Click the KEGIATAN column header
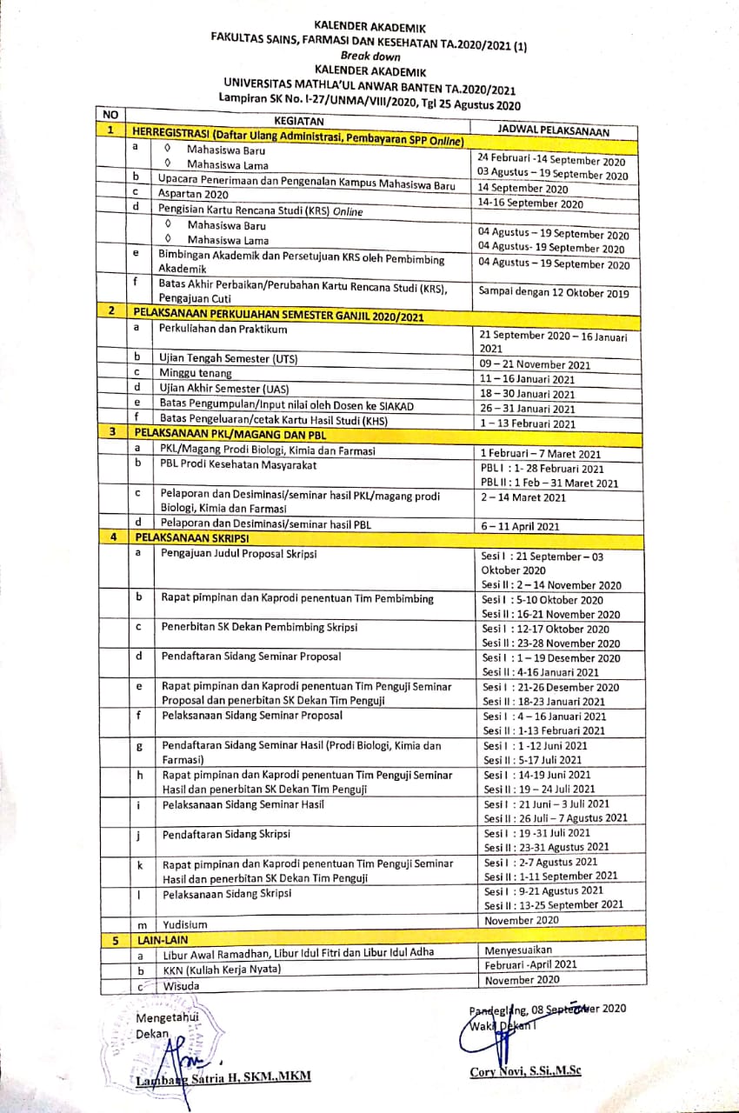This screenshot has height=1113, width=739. coord(299,121)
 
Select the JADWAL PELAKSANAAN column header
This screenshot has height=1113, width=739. coord(553,130)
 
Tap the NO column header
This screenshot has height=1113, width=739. coord(110,114)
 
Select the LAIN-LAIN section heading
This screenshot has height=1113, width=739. coord(162,939)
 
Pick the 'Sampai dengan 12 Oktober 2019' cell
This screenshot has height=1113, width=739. coord(553,293)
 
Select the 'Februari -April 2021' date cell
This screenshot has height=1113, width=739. coord(530,964)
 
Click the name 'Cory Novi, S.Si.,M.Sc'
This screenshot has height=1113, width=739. coord(525,1071)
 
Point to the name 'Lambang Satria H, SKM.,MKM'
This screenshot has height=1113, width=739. coord(223,1078)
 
